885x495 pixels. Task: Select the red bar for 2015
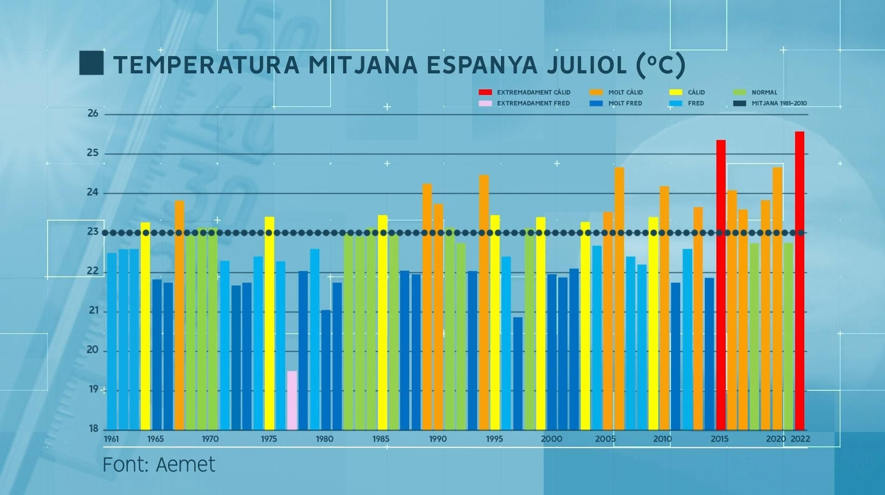click(721, 285)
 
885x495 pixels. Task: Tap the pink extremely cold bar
click(292, 400)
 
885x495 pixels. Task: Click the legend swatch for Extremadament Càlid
click(485, 92)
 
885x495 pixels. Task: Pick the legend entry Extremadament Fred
click(533, 104)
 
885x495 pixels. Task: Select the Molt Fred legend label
click(625, 104)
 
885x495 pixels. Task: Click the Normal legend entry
click(764, 92)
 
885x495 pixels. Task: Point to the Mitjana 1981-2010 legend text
click(779, 104)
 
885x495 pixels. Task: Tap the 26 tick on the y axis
click(93, 114)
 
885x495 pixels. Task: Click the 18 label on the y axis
click(93, 429)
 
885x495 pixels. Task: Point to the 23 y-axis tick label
click(93, 232)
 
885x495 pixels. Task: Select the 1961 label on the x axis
click(111, 439)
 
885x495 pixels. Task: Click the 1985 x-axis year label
click(381, 439)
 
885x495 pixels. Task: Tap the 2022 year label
click(800, 439)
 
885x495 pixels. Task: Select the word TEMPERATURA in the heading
click(206, 65)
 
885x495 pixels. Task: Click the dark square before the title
click(91, 63)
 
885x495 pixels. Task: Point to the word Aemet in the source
click(185, 465)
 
